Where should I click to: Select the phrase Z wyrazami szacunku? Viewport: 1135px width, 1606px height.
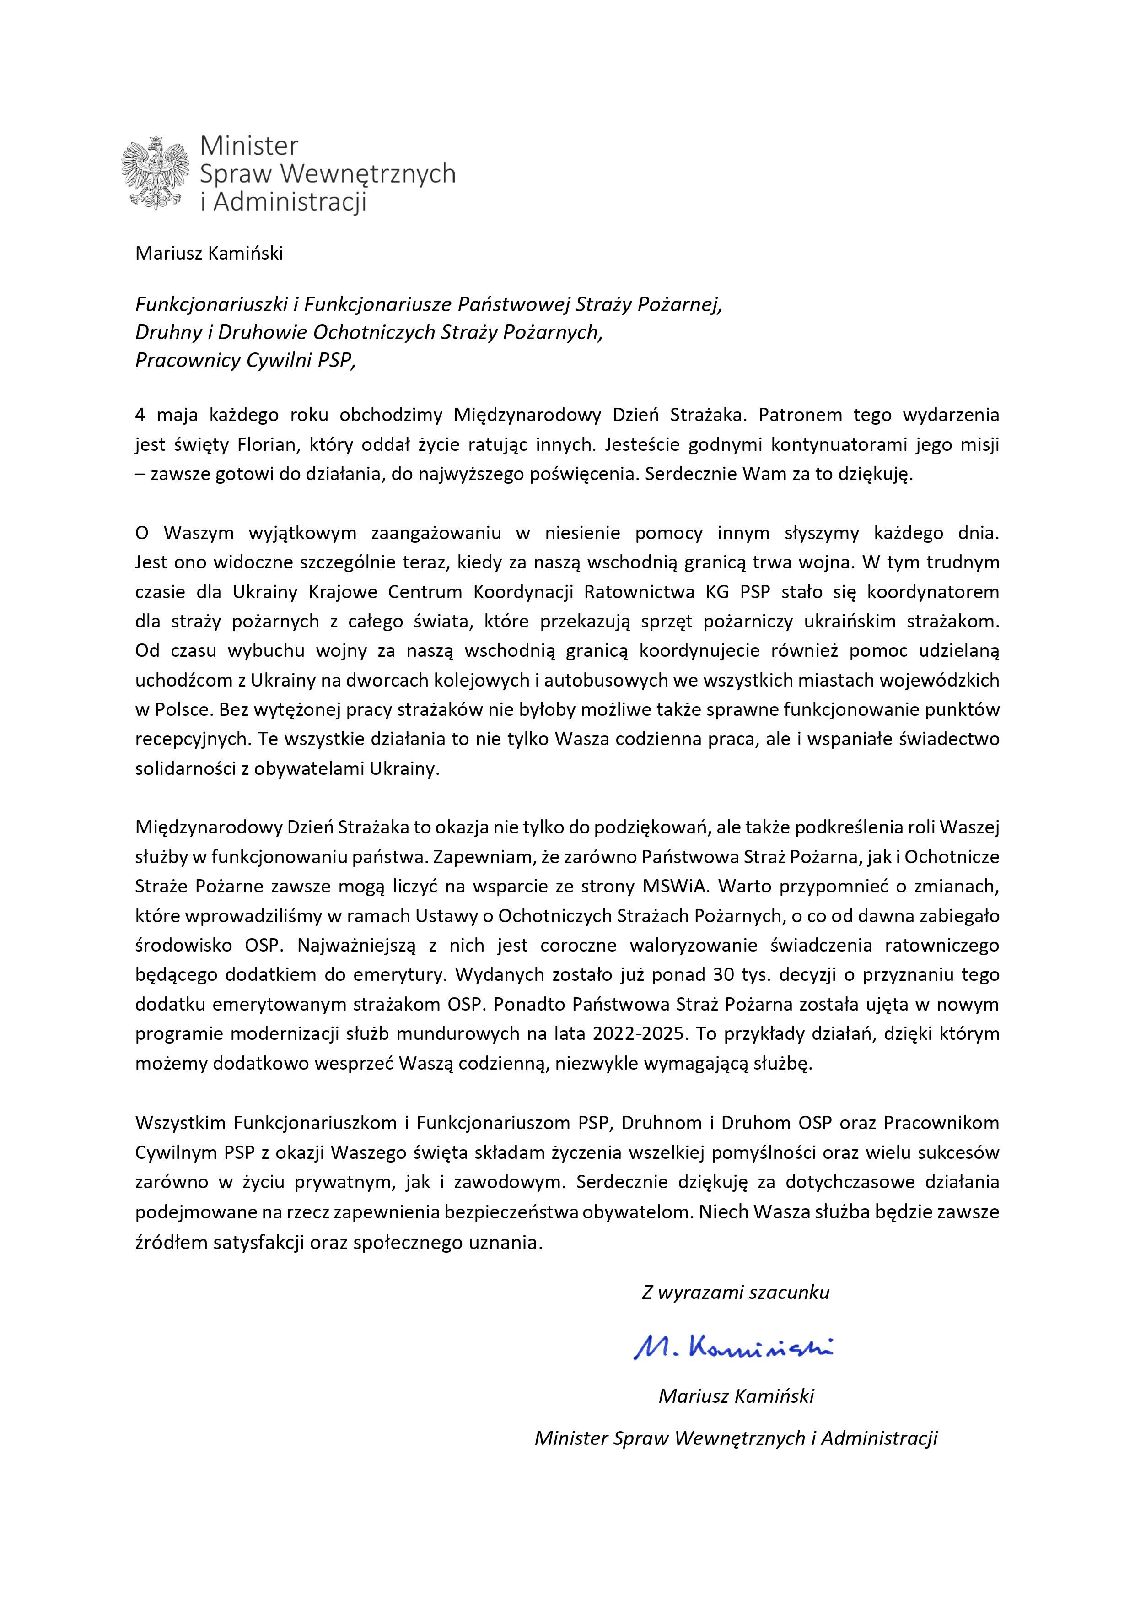click(735, 1292)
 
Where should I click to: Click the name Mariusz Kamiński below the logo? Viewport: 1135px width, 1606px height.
click(209, 253)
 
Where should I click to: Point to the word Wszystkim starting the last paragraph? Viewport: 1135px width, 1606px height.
click(180, 1123)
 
